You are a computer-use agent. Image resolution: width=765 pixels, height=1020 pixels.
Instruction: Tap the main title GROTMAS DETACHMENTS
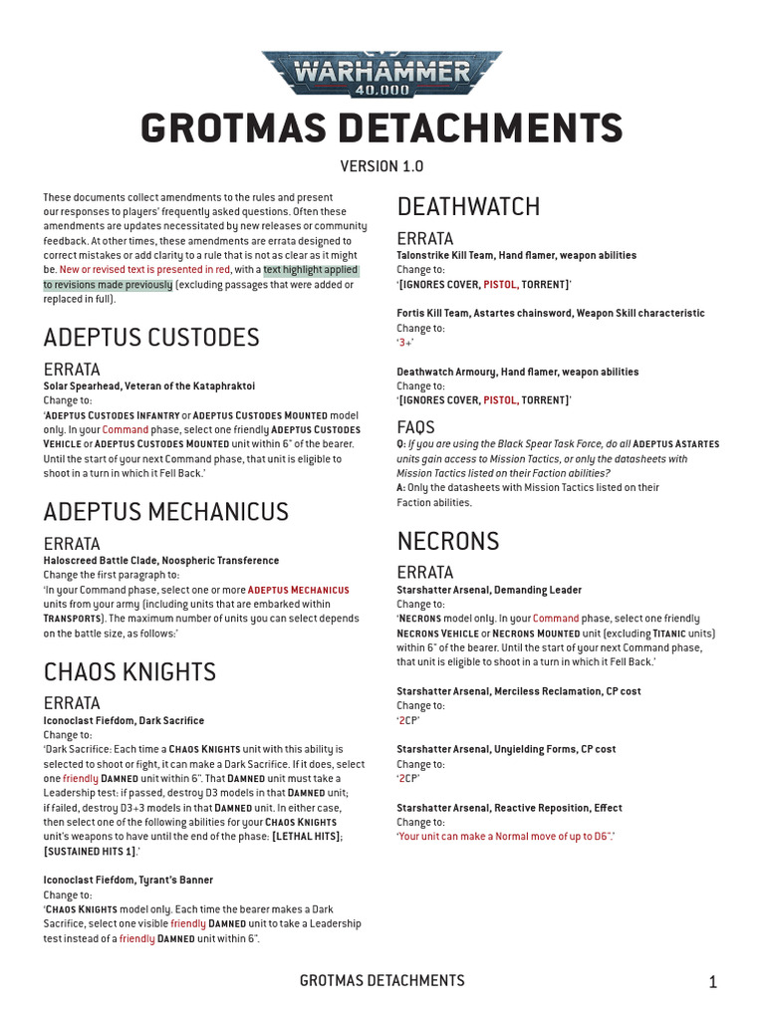(x=382, y=128)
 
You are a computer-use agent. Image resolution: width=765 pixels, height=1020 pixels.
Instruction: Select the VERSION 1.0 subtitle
(x=382, y=166)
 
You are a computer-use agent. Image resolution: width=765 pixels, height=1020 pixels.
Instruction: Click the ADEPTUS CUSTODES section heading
(x=151, y=337)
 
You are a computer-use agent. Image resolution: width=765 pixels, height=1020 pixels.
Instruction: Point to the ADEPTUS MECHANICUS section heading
(x=166, y=511)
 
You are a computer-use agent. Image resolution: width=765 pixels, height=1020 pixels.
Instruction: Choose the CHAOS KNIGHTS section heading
(x=129, y=671)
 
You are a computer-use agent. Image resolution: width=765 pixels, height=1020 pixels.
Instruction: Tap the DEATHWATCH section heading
(x=468, y=206)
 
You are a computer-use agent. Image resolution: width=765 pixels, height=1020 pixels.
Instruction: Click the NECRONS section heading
(x=448, y=541)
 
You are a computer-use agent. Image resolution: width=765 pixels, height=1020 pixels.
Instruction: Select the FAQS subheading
(x=416, y=426)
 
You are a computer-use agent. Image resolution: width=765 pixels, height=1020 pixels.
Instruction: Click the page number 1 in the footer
(x=713, y=982)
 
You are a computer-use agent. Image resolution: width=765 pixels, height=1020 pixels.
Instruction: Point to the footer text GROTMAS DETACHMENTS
(x=382, y=981)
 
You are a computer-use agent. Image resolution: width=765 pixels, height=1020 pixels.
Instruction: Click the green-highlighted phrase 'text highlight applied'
(x=310, y=270)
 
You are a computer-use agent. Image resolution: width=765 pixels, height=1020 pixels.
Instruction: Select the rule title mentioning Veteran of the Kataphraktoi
(x=149, y=385)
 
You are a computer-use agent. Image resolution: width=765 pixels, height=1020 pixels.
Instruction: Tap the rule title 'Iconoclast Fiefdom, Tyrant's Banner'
(x=128, y=880)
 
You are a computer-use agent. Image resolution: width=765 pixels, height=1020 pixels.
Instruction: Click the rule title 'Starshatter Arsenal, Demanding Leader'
(x=489, y=590)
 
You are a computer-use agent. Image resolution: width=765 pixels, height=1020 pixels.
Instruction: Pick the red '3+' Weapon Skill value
(x=404, y=342)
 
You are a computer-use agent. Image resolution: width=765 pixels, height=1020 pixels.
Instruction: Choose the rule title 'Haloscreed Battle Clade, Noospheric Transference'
(x=161, y=561)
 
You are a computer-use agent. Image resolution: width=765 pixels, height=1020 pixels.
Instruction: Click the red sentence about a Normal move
(x=506, y=836)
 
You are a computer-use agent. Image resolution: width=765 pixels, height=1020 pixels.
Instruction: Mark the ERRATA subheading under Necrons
(x=425, y=572)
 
